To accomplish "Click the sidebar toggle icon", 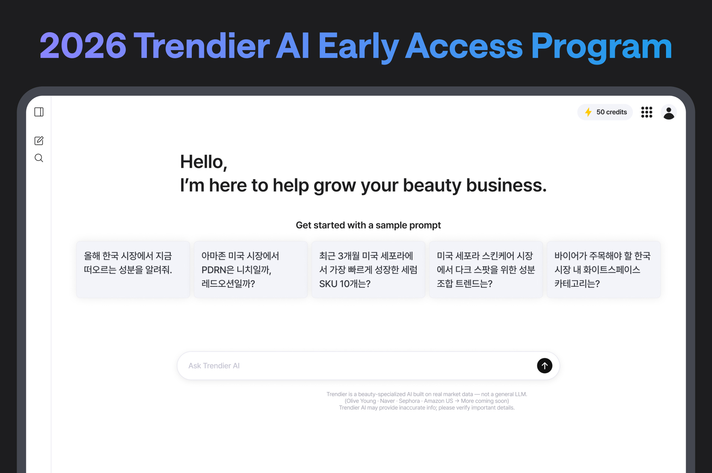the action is pos(39,112).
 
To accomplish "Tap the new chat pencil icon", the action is pos(39,141).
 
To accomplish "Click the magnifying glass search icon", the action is pos(39,158).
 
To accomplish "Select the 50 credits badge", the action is pos(605,112).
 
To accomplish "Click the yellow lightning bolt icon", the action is pos(588,112).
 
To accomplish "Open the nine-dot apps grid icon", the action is pos(647,112).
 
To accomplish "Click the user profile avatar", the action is pos(669,112).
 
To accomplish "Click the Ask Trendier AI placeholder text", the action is pos(214,366).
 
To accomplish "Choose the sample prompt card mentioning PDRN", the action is pos(251,270).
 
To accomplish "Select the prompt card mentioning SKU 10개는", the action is pos(368,270).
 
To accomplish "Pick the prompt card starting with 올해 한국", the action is pos(133,270).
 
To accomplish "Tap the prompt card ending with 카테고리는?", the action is pos(604,270).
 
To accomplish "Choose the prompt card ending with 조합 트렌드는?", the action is pos(486,270).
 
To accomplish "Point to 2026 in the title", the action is pos(83,46).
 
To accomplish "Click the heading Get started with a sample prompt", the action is pos(368,225).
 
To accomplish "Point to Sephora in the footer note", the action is pos(409,401).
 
